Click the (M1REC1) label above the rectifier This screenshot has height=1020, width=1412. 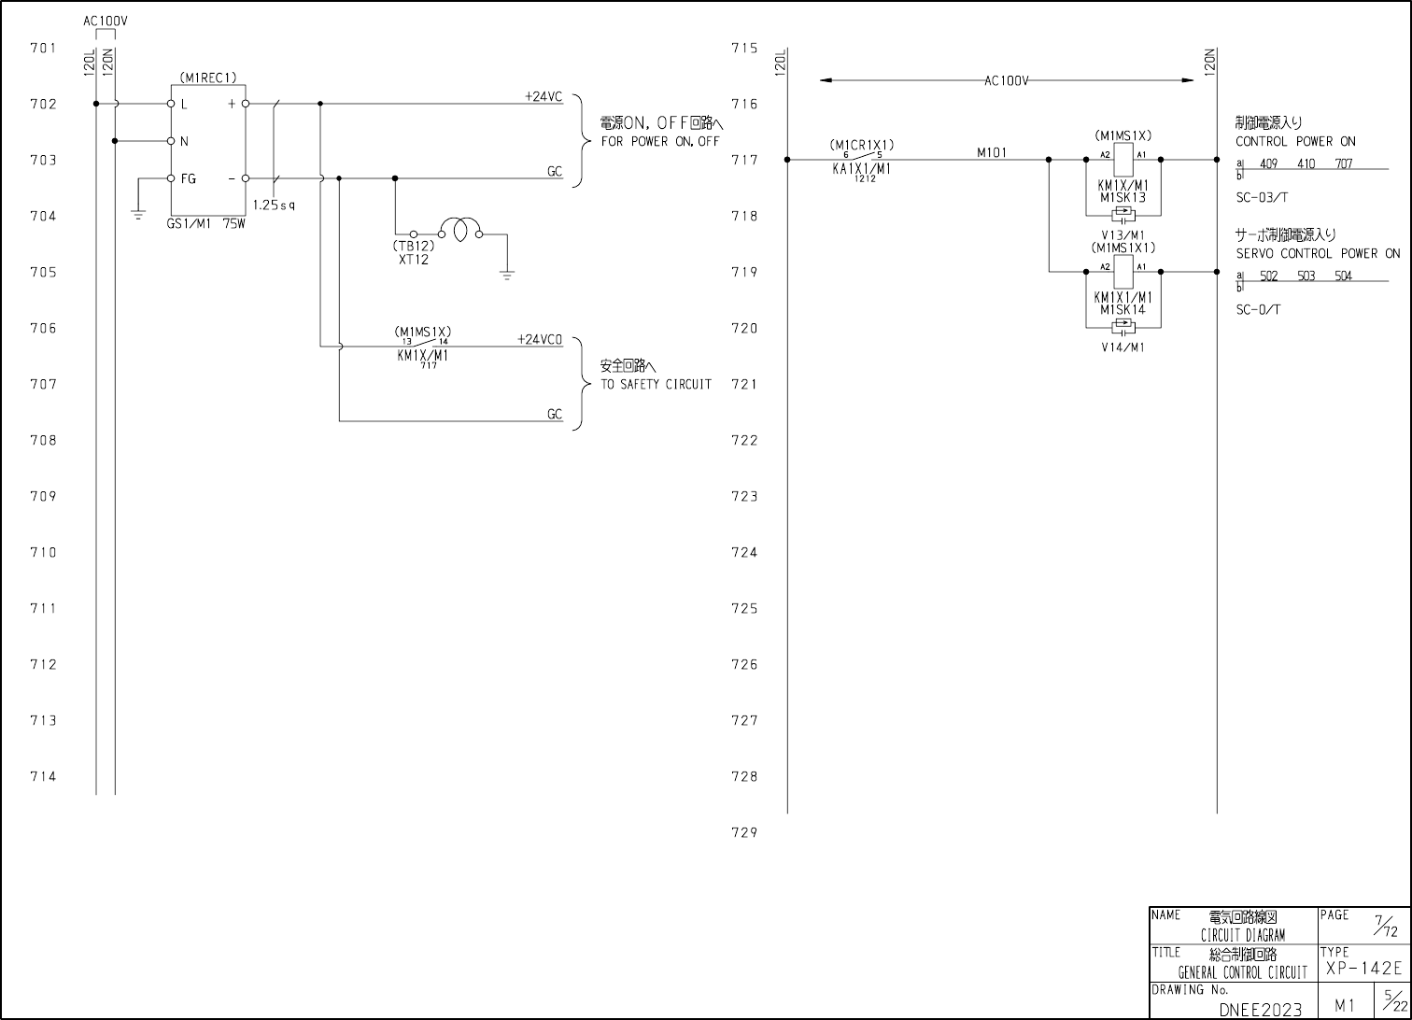pos(208,78)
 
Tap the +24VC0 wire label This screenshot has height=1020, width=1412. pos(540,340)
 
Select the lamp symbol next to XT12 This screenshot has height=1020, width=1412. pos(460,230)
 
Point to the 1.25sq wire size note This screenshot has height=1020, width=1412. pos(274,205)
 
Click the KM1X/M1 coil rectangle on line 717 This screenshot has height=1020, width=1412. pos(1123,160)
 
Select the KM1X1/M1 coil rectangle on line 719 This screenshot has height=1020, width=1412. pos(1123,272)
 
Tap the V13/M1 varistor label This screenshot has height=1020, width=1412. pos(1123,235)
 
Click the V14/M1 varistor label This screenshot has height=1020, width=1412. pos(1123,347)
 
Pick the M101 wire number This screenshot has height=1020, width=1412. pos(992,152)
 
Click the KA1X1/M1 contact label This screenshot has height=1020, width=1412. pos(861,169)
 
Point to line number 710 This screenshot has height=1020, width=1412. pos(43,552)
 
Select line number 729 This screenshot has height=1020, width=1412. pos(744,832)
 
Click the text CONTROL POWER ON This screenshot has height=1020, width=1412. pos(1295,142)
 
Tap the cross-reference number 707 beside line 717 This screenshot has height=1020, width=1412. pos(1343,164)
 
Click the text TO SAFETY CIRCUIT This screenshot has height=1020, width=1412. pos(656,385)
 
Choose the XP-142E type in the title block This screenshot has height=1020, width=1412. pos(1363,969)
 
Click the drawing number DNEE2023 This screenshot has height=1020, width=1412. pos(1260,1009)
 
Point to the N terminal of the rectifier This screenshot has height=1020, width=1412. pos(171,141)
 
